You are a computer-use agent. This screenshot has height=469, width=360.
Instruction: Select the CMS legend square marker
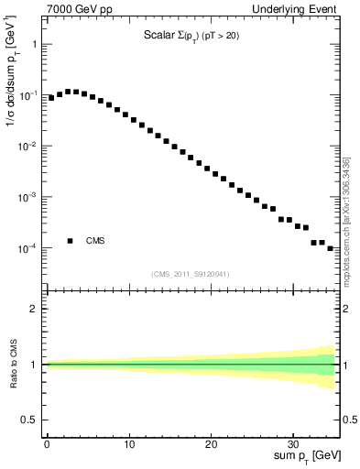70,241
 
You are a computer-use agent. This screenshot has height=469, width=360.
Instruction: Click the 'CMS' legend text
95,241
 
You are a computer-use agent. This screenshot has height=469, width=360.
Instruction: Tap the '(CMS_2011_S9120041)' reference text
191,274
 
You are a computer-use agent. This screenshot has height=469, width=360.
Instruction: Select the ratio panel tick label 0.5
29,420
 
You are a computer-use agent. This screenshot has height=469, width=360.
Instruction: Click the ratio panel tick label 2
34,310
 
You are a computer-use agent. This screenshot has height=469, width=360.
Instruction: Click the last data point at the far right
331,247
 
